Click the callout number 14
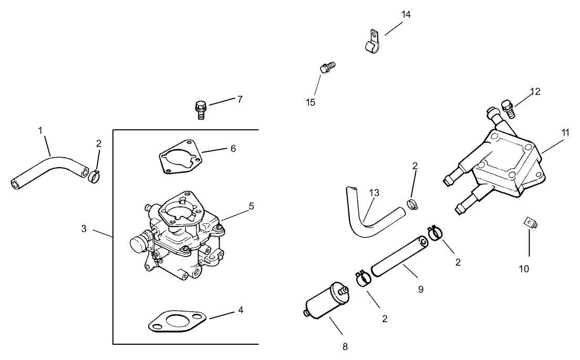click(x=406, y=15)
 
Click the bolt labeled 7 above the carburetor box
click(x=200, y=108)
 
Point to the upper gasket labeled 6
click(x=179, y=156)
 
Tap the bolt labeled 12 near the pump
click(x=508, y=108)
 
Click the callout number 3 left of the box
click(x=84, y=229)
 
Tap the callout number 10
click(x=524, y=269)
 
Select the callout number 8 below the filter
click(x=345, y=346)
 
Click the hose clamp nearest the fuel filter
click(x=361, y=279)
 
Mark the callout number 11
click(x=565, y=132)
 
